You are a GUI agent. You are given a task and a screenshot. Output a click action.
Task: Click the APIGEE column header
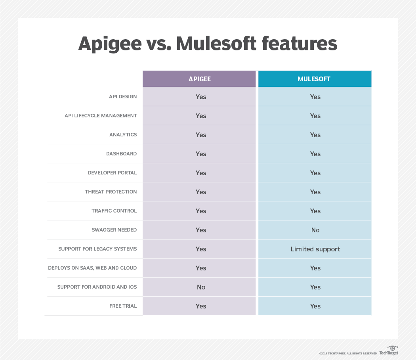pyautogui.click(x=199, y=79)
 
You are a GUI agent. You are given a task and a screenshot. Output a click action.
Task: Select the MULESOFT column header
pyautogui.click(x=315, y=79)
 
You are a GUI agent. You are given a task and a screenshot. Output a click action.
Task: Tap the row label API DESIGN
pyautogui.click(x=123, y=97)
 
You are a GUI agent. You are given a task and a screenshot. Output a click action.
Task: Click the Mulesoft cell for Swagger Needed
pyautogui.click(x=315, y=230)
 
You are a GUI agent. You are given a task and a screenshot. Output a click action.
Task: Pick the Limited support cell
pyautogui.click(x=315, y=249)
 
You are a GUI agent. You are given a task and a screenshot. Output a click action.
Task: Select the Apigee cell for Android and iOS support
pyautogui.click(x=199, y=287)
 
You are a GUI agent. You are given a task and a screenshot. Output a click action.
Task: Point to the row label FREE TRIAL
pyautogui.click(x=123, y=306)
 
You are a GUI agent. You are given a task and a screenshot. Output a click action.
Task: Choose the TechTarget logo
pyautogui.click(x=389, y=350)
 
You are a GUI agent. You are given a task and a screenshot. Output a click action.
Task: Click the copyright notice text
pyautogui.click(x=348, y=353)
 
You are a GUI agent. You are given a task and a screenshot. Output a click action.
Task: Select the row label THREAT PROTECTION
pyautogui.click(x=111, y=191)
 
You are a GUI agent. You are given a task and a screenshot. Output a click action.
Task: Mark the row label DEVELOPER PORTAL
pyautogui.click(x=112, y=172)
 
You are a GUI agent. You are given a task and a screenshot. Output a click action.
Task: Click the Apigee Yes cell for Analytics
pyautogui.click(x=199, y=135)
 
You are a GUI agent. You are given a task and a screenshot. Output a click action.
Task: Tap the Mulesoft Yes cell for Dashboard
pyautogui.click(x=315, y=154)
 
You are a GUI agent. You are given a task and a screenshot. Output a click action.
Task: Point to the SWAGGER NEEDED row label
pyautogui.click(x=114, y=230)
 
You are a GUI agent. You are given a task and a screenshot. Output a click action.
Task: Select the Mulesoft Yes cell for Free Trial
pyautogui.click(x=315, y=306)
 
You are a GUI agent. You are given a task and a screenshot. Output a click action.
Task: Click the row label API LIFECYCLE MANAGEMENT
pyautogui.click(x=101, y=115)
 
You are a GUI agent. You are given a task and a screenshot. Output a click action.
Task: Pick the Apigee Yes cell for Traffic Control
pyautogui.click(x=199, y=211)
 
